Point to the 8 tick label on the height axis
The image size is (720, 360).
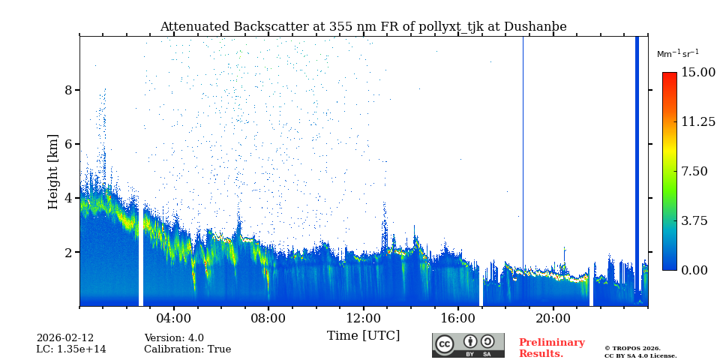pyautogui.click(x=68, y=90)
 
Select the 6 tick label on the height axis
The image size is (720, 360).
pyautogui.click(x=68, y=144)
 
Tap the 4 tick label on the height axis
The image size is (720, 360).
pyautogui.click(x=68, y=198)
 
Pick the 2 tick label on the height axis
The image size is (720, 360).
pyautogui.click(x=68, y=252)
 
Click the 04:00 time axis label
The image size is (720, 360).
pyautogui.click(x=174, y=318)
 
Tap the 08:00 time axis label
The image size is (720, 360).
pyautogui.click(x=268, y=318)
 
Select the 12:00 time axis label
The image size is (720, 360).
pyautogui.click(x=364, y=318)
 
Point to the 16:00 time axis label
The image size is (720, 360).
pyautogui.click(x=458, y=318)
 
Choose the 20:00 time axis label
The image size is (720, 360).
pyautogui.click(x=553, y=318)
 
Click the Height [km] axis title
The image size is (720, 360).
pyautogui.click(x=53, y=171)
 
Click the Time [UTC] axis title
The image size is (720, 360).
pyautogui.click(x=364, y=335)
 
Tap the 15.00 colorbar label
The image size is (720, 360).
pyautogui.click(x=697, y=73)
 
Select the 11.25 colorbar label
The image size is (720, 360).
pyautogui.click(x=697, y=121)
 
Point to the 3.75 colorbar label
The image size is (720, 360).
pyautogui.click(x=694, y=220)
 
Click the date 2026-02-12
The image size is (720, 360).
pyautogui.click(x=65, y=338)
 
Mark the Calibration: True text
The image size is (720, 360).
pyautogui.click(x=187, y=349)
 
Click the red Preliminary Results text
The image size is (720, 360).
pyautogui.click(x=551, y=348)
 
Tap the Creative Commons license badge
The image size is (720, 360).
pyautogui.click(x=468, y=345)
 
